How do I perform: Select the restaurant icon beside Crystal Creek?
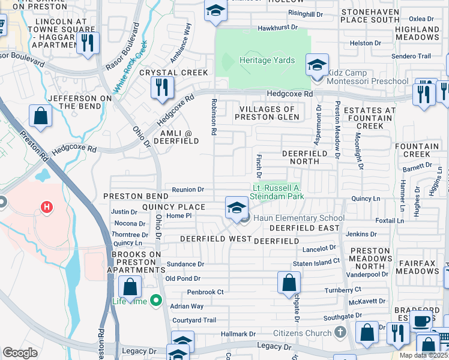pyautogui.click(x=161, y=87)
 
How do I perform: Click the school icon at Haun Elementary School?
pyautogui.click(x=237, y=208)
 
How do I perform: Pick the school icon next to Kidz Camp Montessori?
pyautogui.click(x=316, y=64)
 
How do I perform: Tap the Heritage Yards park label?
pyautogui.click(x=267, y=60)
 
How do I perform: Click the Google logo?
pyautogui.click(x=20, y=353)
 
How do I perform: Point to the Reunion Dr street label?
pyautogui.click(x=188, y=189)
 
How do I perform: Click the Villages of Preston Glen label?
pyautogui.click(x=267, y=113)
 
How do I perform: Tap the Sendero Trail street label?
pyautogui.click(x=411, y=56)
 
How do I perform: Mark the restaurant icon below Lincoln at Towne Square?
pyautogui.click(x=88, y=43)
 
